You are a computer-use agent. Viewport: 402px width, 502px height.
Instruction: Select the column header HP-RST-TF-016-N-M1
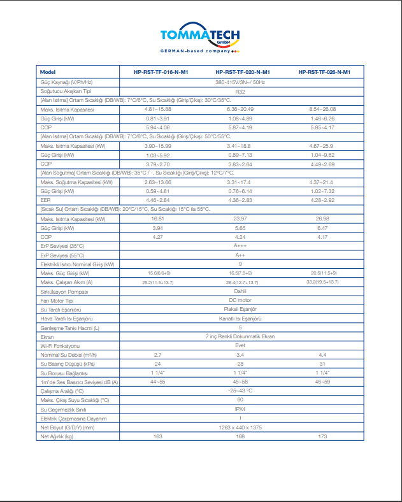(x=160, y=72)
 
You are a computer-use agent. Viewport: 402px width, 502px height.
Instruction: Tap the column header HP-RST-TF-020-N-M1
(x=242, y=72)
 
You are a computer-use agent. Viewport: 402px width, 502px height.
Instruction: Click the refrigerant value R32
(x=240, y=92)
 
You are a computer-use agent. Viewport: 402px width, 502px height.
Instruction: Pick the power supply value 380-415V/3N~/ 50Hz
(x=240, y=83)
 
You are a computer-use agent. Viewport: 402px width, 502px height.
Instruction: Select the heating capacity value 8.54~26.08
(x=322, y=110)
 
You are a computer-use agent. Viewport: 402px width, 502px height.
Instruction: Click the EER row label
(x=45, y=199)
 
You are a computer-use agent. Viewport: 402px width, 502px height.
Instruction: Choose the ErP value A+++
(x=240, y=245)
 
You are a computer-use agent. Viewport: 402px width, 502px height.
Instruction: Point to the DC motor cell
(x=240, y=300)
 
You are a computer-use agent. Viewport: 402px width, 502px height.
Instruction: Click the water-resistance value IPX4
(x=240, y=410)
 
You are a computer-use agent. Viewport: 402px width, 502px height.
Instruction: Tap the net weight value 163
(x=158, y=436)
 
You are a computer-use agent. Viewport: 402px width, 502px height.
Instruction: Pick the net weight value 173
(x=322, y=436)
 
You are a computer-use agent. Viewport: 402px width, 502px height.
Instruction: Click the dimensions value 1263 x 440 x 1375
(x=240, y=427)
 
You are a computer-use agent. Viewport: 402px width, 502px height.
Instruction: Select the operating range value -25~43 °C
(x=240, y=391)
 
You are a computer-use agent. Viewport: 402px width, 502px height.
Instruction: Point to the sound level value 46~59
(x=322, y=382)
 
